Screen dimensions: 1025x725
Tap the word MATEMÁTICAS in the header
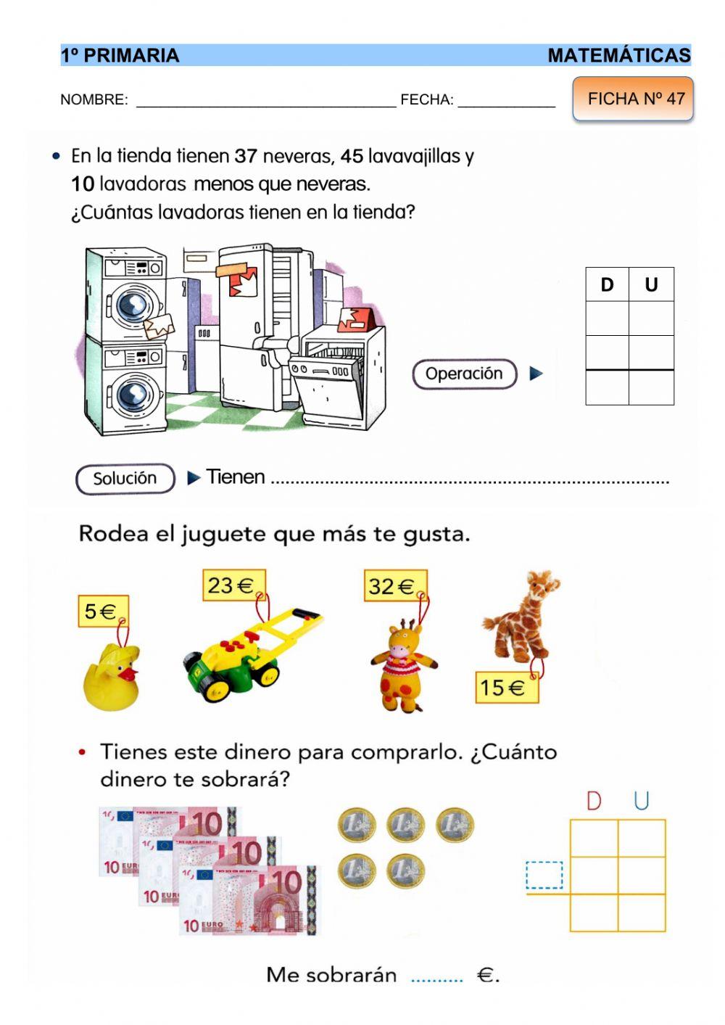click(x=618, y=56)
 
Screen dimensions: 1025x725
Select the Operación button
click(x=464, y=374)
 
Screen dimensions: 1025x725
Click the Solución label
click(x=125, y=479)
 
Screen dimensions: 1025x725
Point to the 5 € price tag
click(x=102, y=612)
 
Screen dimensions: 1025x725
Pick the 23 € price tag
click(x=233, y=585)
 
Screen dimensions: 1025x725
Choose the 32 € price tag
click(x=394, y=586)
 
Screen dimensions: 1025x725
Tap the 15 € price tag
click(x=505, y=687)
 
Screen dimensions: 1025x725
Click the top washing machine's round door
click(x=132, y=304)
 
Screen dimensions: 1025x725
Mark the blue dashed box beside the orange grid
click(x=544, y=875)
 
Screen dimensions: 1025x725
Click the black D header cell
click(x=607, y=284)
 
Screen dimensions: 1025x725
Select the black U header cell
click(x=651, y=284)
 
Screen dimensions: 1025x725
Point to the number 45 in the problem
click(x=352, y=156)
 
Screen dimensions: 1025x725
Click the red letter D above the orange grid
click(x=594, y=801)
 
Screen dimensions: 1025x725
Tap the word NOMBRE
click(x=94, y=100)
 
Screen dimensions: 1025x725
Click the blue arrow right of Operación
click(x=536, y=374)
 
